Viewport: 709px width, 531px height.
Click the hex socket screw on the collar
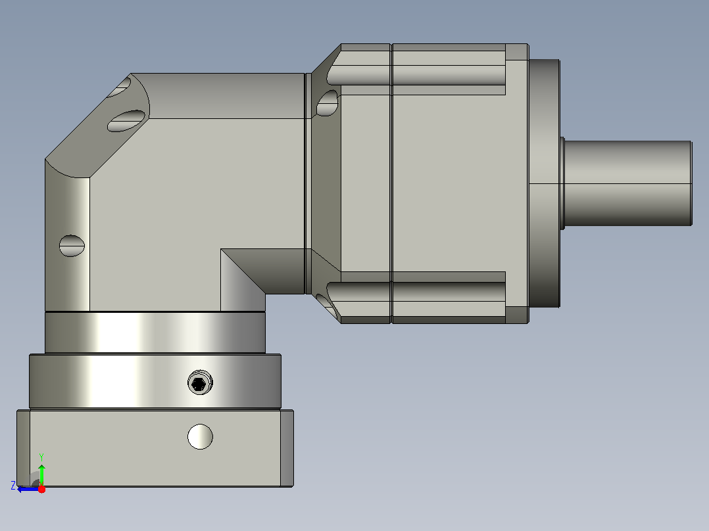click(x=200, y=382)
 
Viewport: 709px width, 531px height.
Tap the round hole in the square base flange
click(x=201, y=436)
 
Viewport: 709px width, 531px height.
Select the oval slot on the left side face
click(x=72, y=246)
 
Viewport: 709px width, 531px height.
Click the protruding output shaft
click(x=628, y=183)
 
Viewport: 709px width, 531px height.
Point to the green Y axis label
click(x=41, y=457)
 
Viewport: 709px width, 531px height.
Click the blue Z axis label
click(x=13, y=486)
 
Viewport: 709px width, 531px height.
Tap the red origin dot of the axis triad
click(x=41, y=489)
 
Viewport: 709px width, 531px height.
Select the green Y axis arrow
click(x=41, y=475)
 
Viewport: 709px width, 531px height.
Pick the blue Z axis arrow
click(x=28, y=489)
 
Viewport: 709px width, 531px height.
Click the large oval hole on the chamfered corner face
click(x=126, y=121)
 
